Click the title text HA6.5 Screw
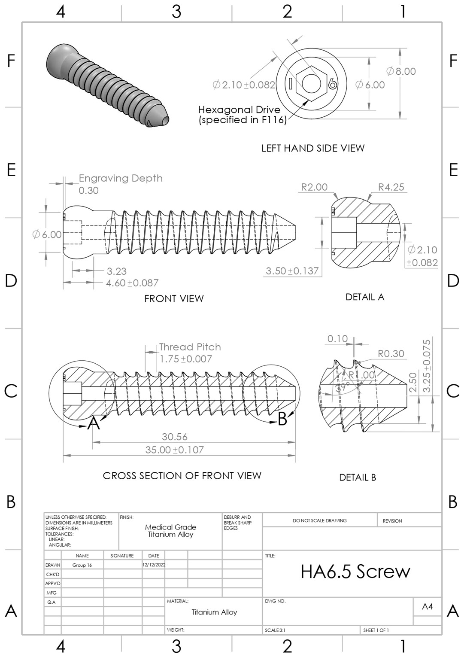click(355, 572)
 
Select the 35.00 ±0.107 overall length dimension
click(174, 450)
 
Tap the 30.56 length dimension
click(174, 437)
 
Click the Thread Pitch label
click(190, 347)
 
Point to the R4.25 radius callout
click(391, 187)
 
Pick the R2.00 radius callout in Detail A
click(314, 187)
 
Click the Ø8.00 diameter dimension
click(401, 71)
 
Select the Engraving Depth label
click(121, 178)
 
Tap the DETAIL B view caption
click(357, 478)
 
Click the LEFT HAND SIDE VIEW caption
click(312, 148)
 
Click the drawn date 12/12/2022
click(154, 565)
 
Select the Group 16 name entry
click(82, 565)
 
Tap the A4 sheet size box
click(427, 606)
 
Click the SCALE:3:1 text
click(275, 630)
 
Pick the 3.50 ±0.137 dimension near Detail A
click(292, 271)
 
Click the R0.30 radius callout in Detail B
click(391, 354)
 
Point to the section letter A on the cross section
click(94, 424)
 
